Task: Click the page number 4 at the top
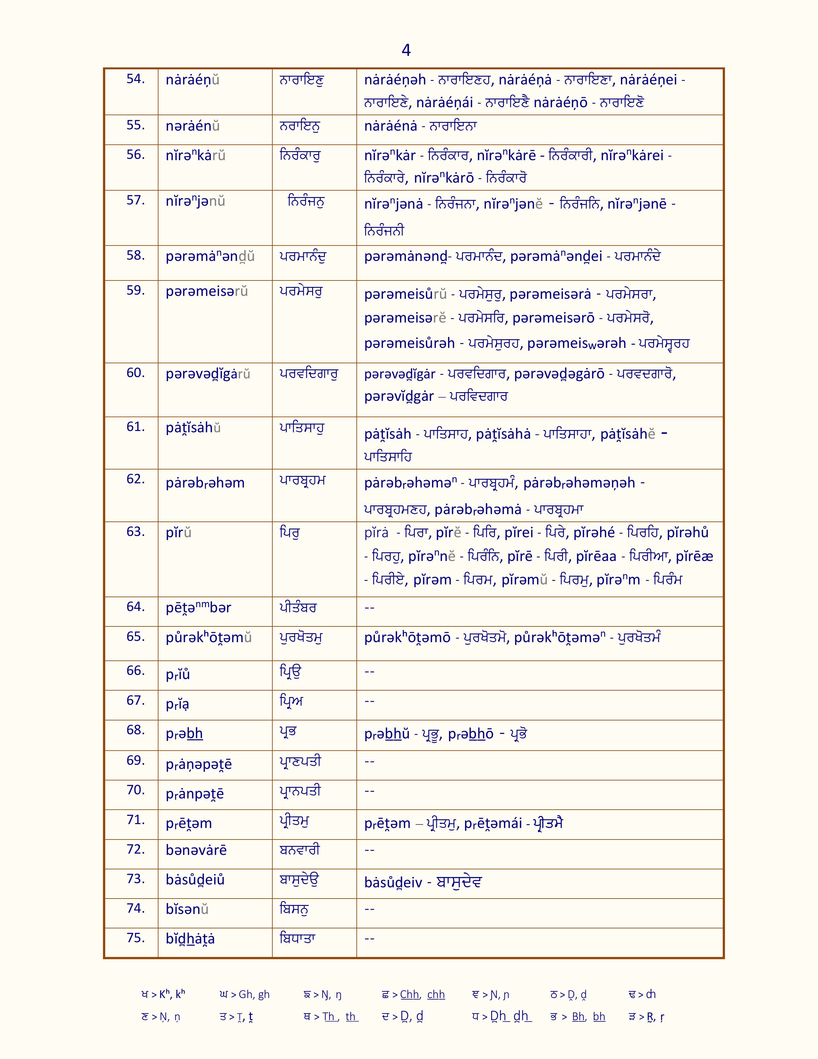click(x=406, y=50)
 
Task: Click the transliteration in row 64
click(x=198, y=607)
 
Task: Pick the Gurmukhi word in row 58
click(x=302, y=256)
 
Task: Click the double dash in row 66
click(x=369, y=672)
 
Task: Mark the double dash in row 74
click(x=369, y=909)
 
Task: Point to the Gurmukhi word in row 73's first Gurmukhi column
click(x=299, y=880)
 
